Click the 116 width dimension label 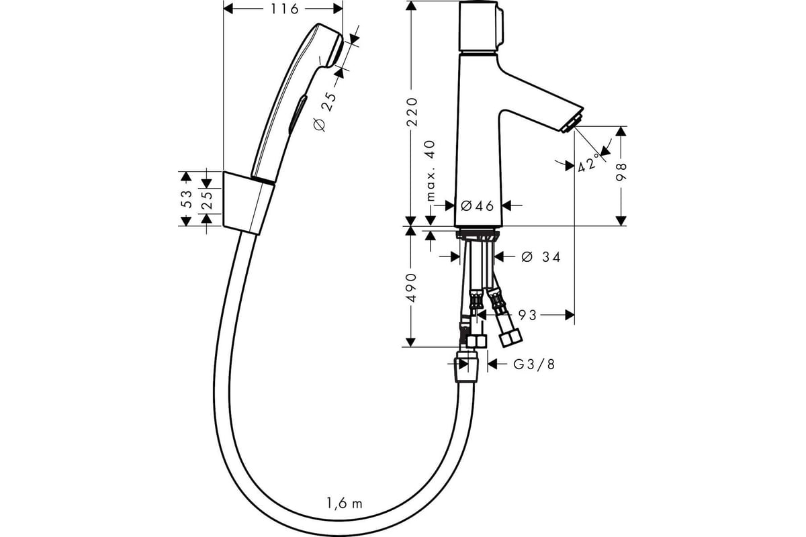click(284, 9)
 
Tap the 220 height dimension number click(412, 112)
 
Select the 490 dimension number click(411, 288)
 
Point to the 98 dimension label click(622, 173)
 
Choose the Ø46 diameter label click(477, 206)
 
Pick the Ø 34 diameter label click(541, 257)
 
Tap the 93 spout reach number click(527, 315)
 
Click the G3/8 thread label click(534, 364)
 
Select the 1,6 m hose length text click(345, 503)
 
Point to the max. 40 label click(431, 170)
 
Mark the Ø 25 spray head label click(325, 111)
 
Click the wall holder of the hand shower click(249, 203)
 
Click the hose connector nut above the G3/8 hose click(467, 367)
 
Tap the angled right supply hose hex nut click(510, 339)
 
